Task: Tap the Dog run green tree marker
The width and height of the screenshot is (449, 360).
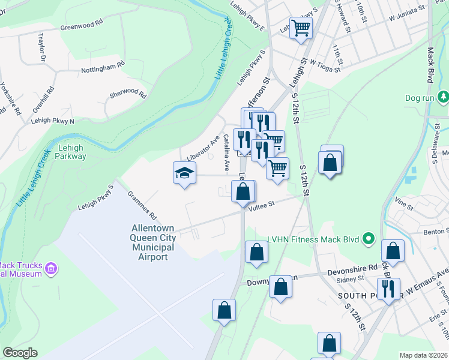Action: tap(443, 97)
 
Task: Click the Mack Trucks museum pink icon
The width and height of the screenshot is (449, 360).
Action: tap(51, 268)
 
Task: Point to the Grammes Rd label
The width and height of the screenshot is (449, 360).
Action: tap(142, 205)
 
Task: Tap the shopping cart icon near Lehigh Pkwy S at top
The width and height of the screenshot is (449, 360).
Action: tap(301, 27)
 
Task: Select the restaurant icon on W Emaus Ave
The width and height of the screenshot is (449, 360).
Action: tap(388, 289)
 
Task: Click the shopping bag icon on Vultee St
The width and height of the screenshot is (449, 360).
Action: tap(244, 192)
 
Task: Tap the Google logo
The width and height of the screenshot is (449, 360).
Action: tap(20, 353)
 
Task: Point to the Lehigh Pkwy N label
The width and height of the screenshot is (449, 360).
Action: tap(53, 121)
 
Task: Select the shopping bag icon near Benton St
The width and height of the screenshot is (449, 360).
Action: tap(393, 251)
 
